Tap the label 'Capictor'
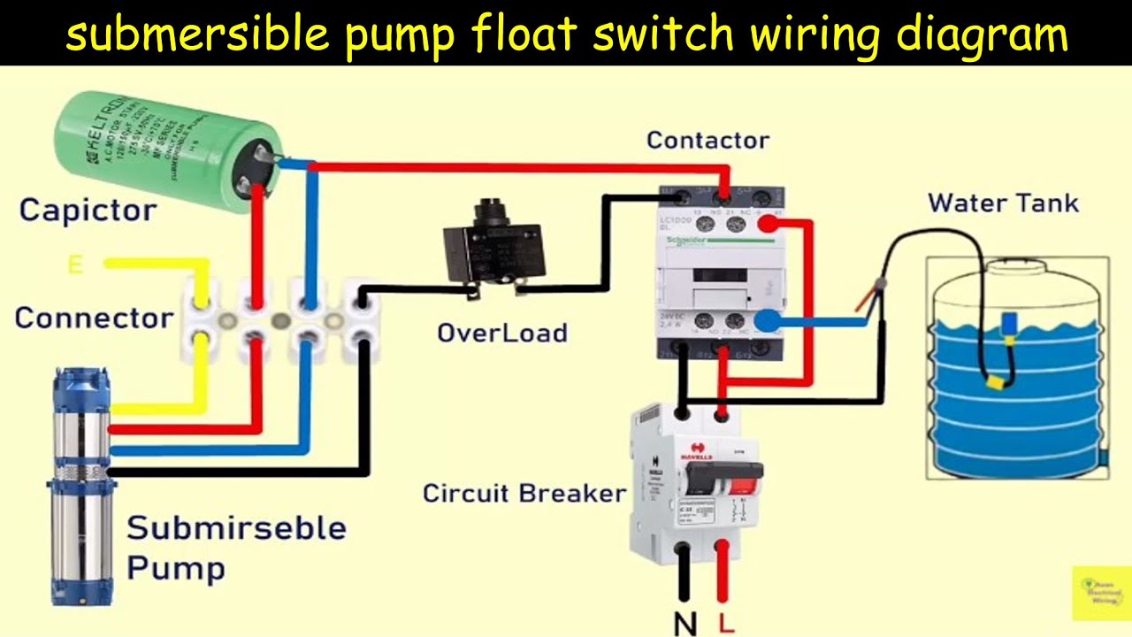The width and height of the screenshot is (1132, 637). click(88, 211)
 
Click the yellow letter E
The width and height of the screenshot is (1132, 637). click(75, 264)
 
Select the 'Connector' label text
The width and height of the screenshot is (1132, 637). click(94, 318)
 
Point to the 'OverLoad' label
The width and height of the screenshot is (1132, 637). click(501, 333)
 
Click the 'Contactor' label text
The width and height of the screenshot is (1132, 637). click(707, 140)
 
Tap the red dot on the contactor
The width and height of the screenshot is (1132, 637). click(768, 225)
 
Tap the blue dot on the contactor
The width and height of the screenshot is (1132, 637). click(768, 322)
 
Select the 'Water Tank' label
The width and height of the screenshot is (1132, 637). click(1003, 203)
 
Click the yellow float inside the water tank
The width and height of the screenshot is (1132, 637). click(996, 382)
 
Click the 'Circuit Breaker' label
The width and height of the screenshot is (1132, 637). click(524, 493)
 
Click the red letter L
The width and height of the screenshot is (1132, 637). click(726, 624)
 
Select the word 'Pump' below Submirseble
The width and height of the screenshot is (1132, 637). click(175, 567)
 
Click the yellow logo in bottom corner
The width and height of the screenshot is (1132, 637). click(1100, 593)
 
